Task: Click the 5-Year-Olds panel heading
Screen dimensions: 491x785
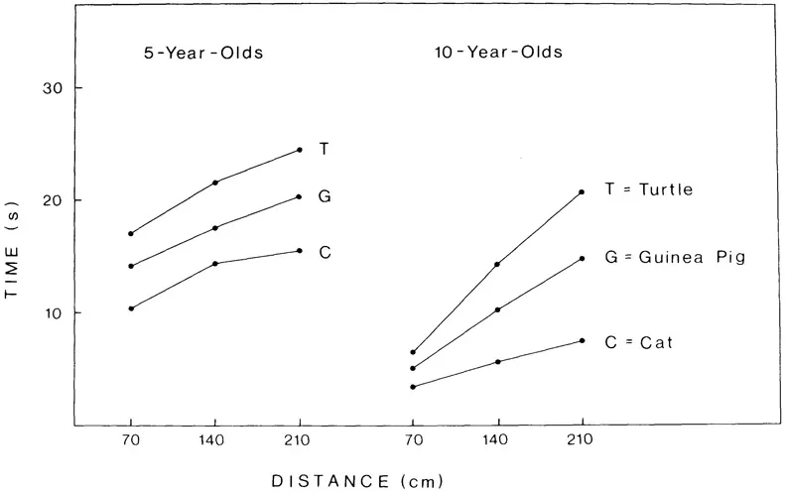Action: [202, 53]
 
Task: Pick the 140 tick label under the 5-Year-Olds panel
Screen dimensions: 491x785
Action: [215, 445]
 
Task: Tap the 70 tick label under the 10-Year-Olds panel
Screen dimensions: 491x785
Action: [413, 445]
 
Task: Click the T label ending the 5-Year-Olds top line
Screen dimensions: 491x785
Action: [325, 149]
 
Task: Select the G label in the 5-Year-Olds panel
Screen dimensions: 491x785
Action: [325, 196]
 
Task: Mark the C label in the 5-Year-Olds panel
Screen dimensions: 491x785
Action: [325, 253]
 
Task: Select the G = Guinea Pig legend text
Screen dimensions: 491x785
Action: [675, 258]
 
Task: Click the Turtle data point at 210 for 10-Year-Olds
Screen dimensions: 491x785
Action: [582, 192]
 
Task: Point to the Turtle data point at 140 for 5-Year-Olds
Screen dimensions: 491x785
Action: [215, 183]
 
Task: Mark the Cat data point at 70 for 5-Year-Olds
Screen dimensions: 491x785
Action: [131, 308]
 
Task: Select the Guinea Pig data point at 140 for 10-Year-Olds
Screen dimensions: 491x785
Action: [497, 309]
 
